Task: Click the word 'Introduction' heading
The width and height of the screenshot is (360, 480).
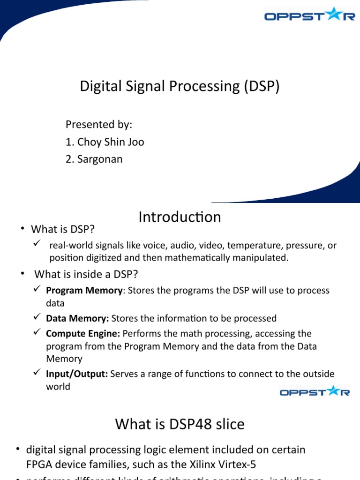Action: (180, 217)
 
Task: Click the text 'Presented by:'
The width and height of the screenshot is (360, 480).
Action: (99, 125)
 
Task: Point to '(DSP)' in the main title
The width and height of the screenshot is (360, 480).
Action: (262, 86)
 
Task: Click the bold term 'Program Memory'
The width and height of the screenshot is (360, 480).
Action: (84, 290)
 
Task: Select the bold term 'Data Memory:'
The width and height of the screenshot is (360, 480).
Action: (77, 318)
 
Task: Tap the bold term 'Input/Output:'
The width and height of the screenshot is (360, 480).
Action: (77, 374)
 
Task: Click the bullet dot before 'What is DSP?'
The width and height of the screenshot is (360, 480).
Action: (22, 229)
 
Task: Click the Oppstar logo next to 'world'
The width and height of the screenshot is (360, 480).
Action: (315, 391)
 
